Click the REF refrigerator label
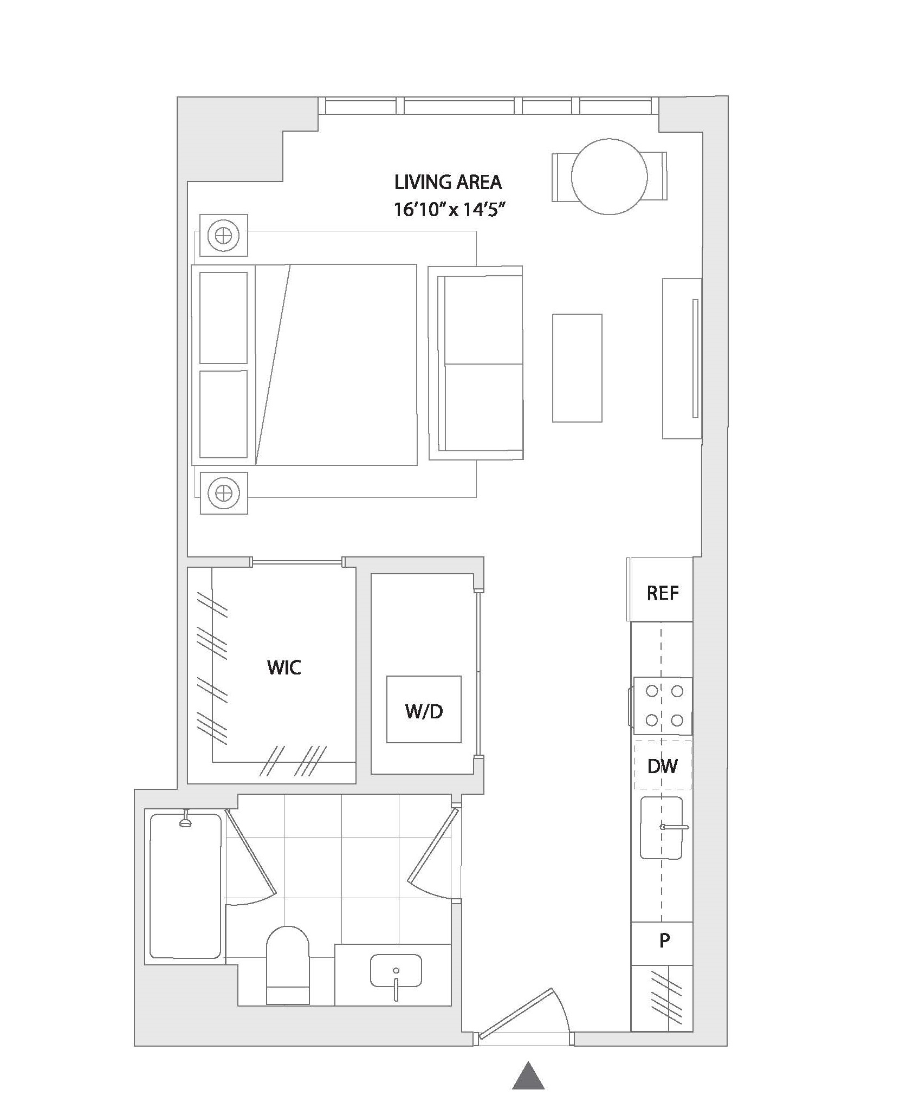tap(662, 593)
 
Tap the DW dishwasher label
tap(662, 765)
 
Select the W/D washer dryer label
tap(424, 711)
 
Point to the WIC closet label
tap(284, 667)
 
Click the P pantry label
tap(664, 940)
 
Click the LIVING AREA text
tap(448, 183)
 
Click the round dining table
tap(609, 177)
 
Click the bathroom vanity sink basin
tap(396, 971)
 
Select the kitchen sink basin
tap(661, 828)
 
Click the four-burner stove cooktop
tap(662, 705)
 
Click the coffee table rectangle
tap(577, 368)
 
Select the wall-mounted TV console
tap(682, 358)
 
